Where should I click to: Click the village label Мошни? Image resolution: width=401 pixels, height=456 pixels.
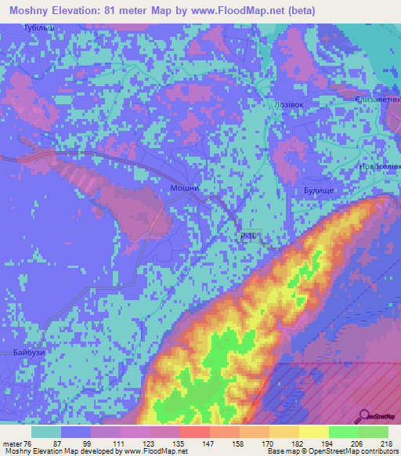coord(182,189)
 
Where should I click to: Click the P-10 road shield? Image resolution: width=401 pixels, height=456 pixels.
coord(248,235)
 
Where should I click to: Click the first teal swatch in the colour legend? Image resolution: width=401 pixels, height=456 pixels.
coord(46,432)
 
